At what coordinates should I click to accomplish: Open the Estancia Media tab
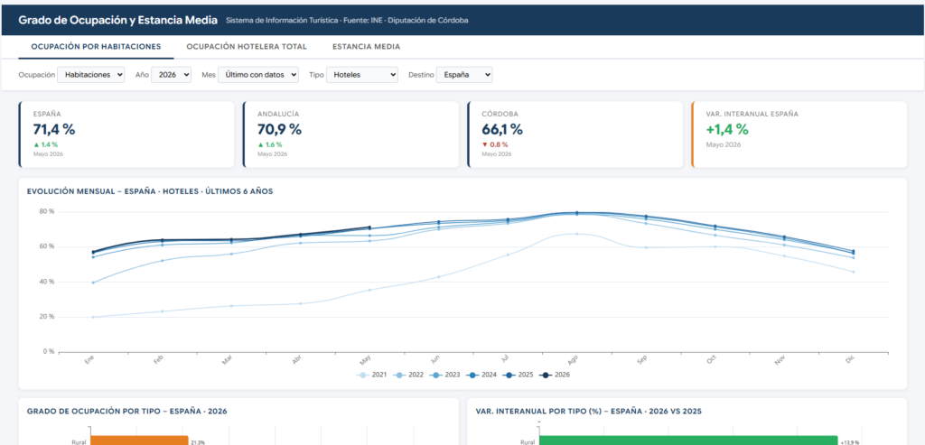click(x=367, y=47)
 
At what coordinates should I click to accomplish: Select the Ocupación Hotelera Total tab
click(x=247, y=47)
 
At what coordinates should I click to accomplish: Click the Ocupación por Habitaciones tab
click(x=96, y=47)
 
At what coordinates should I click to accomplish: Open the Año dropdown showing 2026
click(x=171, y=75)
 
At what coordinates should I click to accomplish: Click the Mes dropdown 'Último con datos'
click(x=258, y=75)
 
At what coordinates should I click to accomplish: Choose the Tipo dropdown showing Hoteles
click(x=362, y=75)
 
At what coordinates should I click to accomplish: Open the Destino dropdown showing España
click(x=464, y=75)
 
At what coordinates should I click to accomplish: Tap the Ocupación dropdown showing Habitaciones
click(x=91, y=75)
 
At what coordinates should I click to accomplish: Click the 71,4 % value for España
click(x=54, y=129)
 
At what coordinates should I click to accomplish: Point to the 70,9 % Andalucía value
click(x=279, y=129)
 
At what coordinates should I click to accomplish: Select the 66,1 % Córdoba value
click(x=502, y=129)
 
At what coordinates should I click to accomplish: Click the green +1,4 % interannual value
click(x=727, y=129)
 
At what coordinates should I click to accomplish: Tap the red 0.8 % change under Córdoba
click(x=495, y=144)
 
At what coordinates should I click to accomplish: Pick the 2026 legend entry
click(x=556, y=375)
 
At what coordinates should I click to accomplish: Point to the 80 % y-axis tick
click(x=46, y=211)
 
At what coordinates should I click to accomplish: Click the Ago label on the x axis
click(x=573, y=359)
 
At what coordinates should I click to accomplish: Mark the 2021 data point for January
click(x=93, y=317)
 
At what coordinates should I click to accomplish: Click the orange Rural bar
click(x=138, y=440)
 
